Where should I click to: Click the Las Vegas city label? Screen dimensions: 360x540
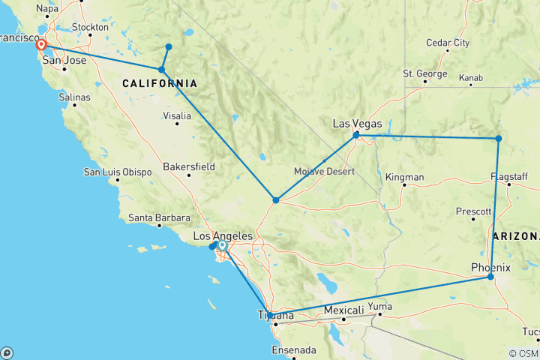coord(357,124)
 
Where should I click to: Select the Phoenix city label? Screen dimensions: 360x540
coord(490,268)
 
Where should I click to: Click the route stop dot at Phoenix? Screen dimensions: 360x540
coord(490,277)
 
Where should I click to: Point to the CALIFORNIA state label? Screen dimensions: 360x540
coord(160,83)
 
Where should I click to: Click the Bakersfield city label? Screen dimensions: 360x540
coord(189,166)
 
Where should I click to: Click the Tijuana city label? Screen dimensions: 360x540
coord(274,315)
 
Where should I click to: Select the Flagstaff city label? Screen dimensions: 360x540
coord(510,176)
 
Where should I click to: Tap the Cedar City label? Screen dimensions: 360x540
coord(447,43)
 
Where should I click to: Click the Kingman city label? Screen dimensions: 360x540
coord(404,178)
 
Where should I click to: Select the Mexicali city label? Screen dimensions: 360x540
coord(343,310)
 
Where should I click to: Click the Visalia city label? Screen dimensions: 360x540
coord(178,116)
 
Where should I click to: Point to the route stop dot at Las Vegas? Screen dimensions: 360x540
coord(356,135)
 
